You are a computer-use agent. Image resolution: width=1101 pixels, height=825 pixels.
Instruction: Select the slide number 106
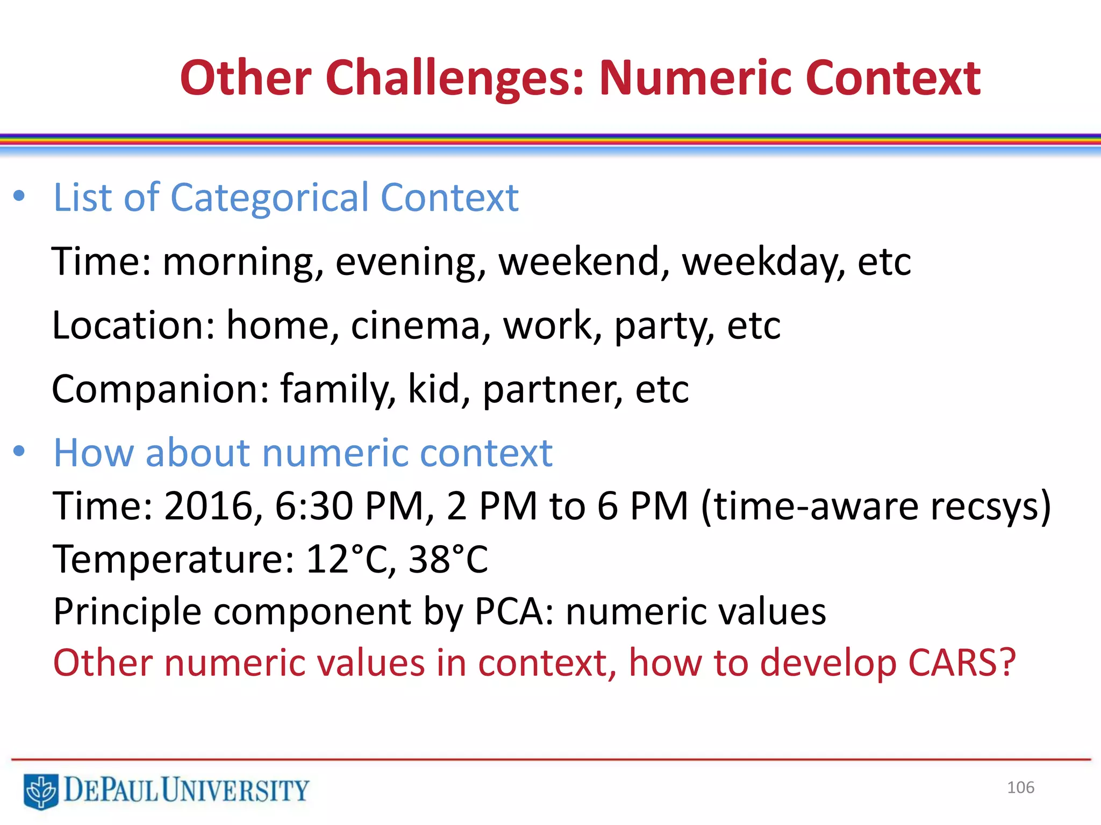click(x=1020, y=787)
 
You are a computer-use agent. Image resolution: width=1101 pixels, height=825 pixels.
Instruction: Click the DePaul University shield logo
click(x=41, y=791)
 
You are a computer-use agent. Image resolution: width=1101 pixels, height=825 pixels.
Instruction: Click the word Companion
click(x=160, y=389)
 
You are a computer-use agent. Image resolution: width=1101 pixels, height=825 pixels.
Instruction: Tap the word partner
click(x=552, y=389)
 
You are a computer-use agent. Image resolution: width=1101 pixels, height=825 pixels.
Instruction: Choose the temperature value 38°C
click(x=448, y=559)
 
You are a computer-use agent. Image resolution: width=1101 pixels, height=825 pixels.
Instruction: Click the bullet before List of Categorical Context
click(x=19, y=197)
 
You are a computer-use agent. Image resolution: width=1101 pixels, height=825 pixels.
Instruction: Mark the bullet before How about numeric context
click(x=19, y=451)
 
